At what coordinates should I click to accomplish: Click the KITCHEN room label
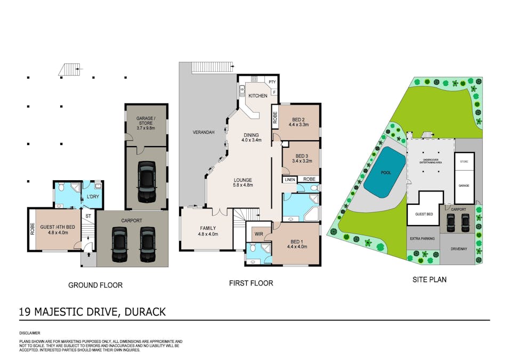click(x=257, y=95)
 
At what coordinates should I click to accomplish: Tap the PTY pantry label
click(x=272, y=82)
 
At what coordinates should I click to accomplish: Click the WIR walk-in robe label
click(x=259, y=233)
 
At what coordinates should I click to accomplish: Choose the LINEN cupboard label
click(x=289, y=180)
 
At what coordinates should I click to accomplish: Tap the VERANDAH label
click(x=204, y=133)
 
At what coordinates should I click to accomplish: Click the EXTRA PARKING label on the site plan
click(x=423, y=238)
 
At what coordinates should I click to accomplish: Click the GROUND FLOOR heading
click(x=95, y=285)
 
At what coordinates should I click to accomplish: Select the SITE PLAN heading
click(x=430, y=279)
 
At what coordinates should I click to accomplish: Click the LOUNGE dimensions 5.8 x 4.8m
click(x=243, y=186)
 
